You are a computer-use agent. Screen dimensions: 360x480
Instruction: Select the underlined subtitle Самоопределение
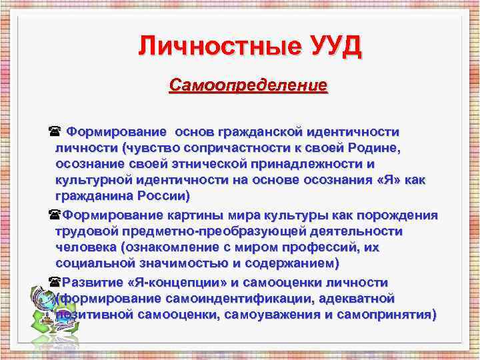point(249,86)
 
